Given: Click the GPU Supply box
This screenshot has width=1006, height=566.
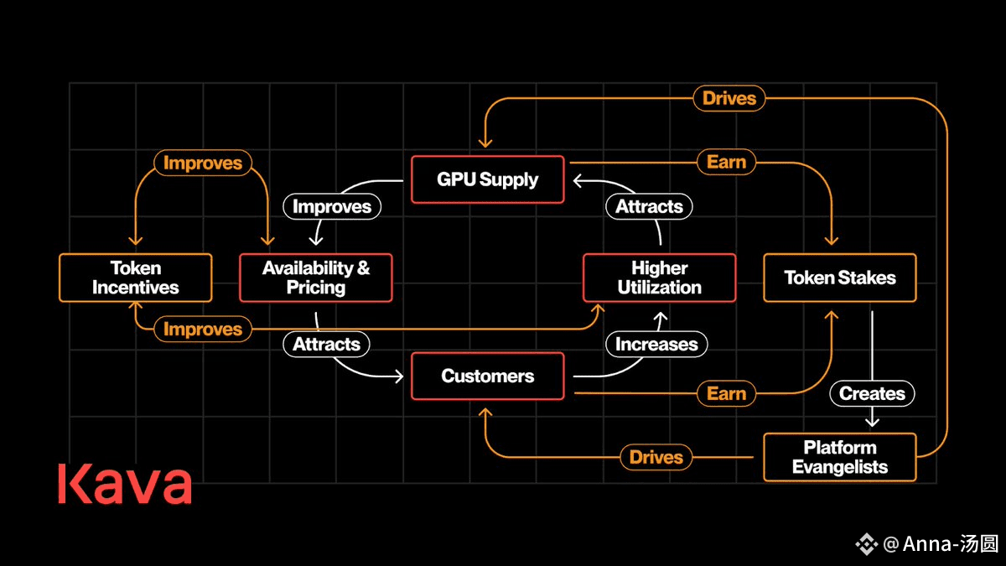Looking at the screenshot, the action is (488, 179).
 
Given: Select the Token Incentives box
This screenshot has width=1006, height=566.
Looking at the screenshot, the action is (136, 278).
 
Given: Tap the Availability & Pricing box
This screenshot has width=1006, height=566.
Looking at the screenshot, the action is (316, 278).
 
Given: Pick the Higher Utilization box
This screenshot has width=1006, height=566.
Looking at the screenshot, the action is (659, 278).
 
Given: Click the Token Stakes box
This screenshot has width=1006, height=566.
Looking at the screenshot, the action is (840, 278).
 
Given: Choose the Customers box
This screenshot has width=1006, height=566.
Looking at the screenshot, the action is (488, 376).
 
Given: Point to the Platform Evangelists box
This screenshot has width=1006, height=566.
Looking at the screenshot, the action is (840, 457).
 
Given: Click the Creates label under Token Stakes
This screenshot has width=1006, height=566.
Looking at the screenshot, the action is (872, 393).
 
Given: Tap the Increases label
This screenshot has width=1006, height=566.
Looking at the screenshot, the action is (656, 344).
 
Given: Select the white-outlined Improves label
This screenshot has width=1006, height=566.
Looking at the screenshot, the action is (332, 206).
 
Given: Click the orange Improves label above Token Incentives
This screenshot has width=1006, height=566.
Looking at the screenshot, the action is (203, 163).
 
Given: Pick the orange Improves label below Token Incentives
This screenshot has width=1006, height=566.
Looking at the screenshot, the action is (203, 329).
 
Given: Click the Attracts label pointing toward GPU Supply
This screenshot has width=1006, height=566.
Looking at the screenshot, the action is (649, 206).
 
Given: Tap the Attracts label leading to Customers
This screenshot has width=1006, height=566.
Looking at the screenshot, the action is (326, 344).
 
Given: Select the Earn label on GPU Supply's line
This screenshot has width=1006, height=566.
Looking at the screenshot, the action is (726, 162).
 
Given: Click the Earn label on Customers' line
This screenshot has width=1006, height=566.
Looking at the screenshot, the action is (726, 393).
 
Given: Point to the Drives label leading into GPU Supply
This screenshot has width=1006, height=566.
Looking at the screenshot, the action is (729, 98).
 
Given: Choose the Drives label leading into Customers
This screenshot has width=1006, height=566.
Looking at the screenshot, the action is (656, 457).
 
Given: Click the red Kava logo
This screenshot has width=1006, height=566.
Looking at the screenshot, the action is (125, 484).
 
